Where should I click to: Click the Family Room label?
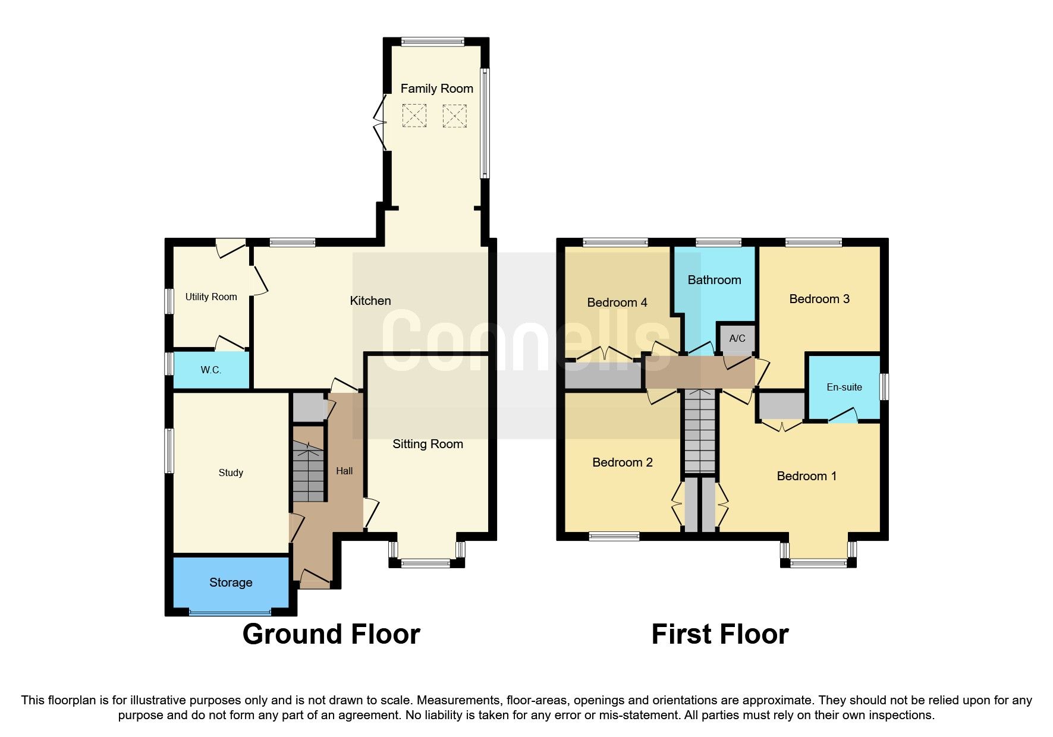point(436,89)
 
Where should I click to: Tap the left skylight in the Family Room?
point(414,115)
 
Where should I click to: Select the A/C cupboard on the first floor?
point(737,338)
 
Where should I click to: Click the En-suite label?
point(844,387)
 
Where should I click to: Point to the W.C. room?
point(210,370)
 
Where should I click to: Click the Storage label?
point(231,582)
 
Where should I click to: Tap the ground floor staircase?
point(309,472)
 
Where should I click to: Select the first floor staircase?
point(700,432)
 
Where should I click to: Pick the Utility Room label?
point(211,297)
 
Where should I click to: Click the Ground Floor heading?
point(331,634)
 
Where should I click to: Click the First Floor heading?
point(719,634)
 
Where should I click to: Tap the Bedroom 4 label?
point(617,303)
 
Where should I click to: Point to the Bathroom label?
point(714,280)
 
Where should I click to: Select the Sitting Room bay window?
point(426,562)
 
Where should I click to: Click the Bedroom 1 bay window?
point(818,563)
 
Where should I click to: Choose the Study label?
point(231,473)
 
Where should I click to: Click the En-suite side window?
point(884,386)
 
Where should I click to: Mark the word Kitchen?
point(370,301)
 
